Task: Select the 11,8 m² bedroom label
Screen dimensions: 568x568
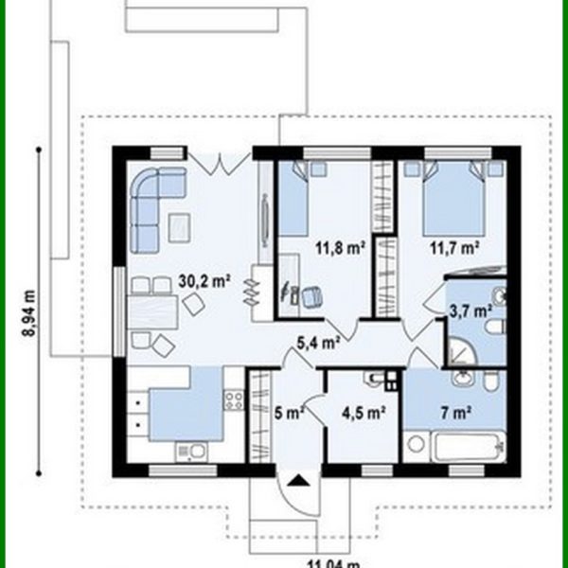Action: (x=341, y=250)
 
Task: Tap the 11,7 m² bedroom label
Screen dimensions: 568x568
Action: (x=455, y=250)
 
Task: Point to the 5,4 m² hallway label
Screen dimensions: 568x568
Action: (x=318, y=343)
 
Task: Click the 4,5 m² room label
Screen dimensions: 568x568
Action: (x=363, y=413)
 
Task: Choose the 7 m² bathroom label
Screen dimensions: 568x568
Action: (x=455, y=413)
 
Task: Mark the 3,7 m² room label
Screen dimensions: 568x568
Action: (x=470, y=310)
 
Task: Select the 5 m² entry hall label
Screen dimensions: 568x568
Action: (x=289, y=413)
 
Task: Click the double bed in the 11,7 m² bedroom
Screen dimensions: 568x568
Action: (x=454, y=198)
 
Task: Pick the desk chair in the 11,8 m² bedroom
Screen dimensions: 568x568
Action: (x=309, y=297)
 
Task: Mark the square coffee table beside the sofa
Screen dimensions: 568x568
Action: (x=181, y=226)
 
